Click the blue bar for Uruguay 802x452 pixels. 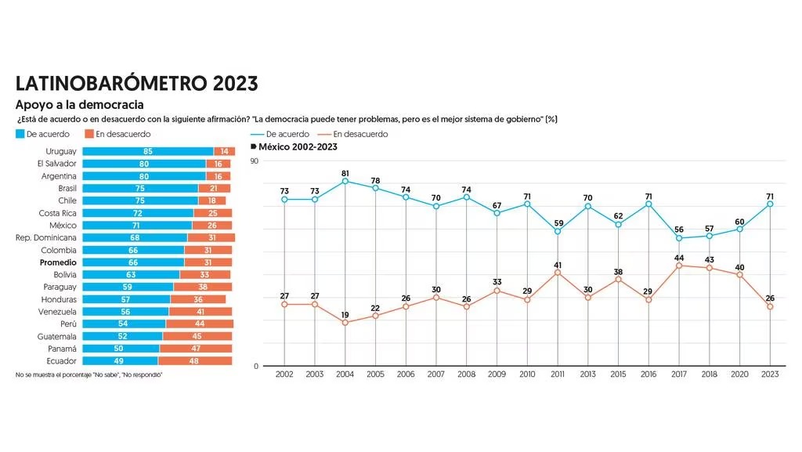point(148,151)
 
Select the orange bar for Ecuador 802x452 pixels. point(195,361)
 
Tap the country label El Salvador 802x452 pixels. point(56,164)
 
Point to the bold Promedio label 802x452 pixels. point(58,262)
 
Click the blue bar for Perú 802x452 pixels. point(125,324)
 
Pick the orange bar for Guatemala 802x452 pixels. point(197,336)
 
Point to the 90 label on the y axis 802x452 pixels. point(255,161)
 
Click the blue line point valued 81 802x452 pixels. point(345,182)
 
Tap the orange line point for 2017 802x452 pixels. point(679,266)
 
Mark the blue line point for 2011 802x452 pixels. point(558,231)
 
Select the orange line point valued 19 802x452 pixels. point(345,323)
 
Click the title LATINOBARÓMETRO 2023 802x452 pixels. point(136,84)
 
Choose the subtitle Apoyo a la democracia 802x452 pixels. point(79,104)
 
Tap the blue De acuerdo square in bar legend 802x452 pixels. point(20,134)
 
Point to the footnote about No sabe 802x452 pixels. point(89,375)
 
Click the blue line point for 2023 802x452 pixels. point(771,204)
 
